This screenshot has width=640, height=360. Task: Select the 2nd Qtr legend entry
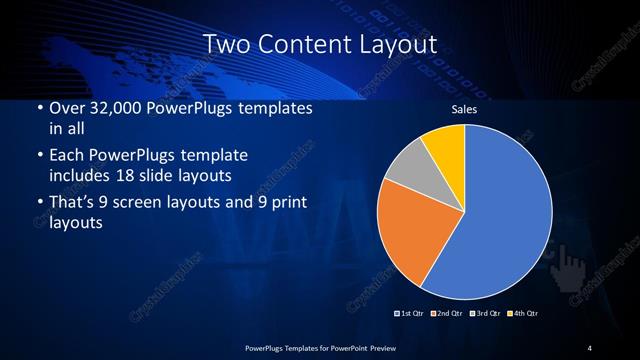449,313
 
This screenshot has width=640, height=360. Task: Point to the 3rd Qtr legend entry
485,313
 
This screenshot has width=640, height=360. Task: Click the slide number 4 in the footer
590,347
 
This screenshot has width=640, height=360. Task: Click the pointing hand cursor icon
573,265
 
